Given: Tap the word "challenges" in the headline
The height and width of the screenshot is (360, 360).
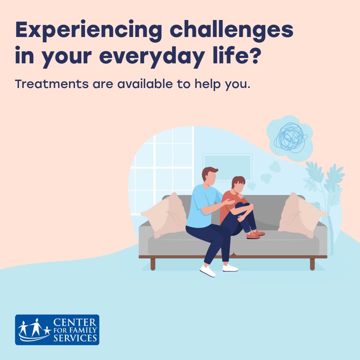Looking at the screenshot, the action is pos(231,30).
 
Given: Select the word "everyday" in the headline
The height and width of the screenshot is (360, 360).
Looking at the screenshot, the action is pos(151,56).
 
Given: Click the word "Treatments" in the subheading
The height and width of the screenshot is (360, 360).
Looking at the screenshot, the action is pos(51,84).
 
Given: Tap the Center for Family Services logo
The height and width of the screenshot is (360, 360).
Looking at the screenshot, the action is pos(57,329).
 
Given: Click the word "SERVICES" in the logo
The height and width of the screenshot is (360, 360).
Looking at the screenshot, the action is pos(75,338).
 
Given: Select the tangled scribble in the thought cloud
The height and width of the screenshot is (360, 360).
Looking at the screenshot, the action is pos(291,137).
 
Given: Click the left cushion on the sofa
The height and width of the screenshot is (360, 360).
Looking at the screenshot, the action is pos(165,215).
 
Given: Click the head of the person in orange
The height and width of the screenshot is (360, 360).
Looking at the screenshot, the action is pos(238,184).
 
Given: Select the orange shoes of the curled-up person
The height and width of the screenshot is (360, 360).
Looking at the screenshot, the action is pos(255,235).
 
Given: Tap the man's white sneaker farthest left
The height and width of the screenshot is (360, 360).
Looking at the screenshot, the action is pos(208,271).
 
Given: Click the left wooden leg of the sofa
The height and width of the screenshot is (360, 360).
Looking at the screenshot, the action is pos(153,264).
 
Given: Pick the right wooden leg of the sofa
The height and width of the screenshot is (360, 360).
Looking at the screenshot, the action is pos(312,264).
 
